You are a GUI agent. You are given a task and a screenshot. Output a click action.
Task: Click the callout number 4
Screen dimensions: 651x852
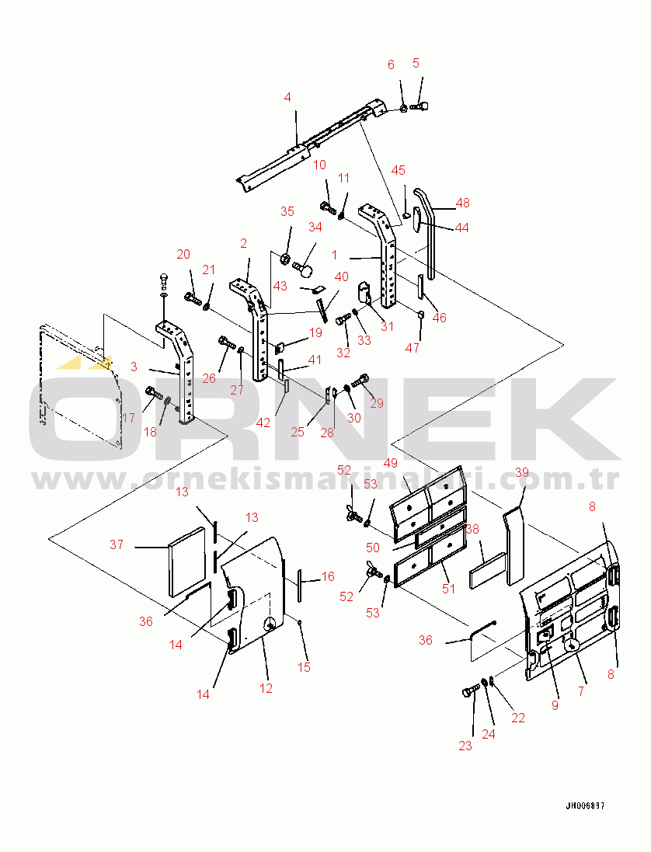(287, 97)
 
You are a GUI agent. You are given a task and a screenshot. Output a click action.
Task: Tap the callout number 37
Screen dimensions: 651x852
(117, 544)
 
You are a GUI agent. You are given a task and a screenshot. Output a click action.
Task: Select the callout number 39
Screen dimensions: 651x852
(522, 472)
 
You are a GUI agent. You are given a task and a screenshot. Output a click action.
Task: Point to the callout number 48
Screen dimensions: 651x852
(462, 203)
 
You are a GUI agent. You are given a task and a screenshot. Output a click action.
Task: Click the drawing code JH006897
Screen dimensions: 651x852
(585, 806)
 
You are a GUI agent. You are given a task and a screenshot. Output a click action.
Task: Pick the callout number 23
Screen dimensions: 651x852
(465, 746)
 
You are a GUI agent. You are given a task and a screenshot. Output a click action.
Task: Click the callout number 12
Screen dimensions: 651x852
(266, 688)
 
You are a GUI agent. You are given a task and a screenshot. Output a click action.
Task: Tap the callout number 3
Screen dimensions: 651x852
(134, 367)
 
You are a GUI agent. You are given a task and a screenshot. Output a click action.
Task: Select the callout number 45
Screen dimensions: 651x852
(399, 170)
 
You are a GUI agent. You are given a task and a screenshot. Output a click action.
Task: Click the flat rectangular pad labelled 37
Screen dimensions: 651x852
(188, 562)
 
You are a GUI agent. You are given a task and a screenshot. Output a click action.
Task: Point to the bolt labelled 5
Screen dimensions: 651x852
(419, 104)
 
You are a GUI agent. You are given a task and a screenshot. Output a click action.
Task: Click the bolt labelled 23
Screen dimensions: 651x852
(469, 689)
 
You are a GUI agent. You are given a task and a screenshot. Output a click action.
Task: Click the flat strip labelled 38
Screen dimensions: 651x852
(487, 570)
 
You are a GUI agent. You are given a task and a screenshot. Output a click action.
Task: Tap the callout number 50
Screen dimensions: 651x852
(373, 548)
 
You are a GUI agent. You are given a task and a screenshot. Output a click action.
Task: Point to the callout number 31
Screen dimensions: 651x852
(387, 326)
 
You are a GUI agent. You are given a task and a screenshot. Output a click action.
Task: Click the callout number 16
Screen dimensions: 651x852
(328, 576)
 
